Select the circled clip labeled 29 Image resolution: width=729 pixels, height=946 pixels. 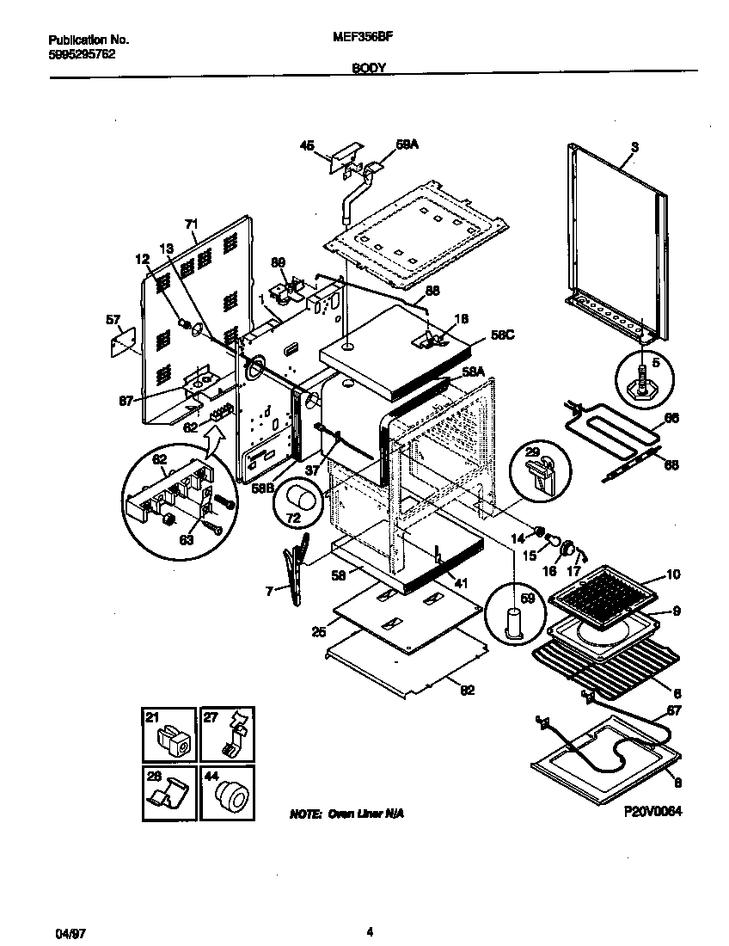pyautogui.click(x=538, y=470)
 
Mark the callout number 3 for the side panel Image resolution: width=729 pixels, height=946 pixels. pyautogui.click(x=634, y=147)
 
